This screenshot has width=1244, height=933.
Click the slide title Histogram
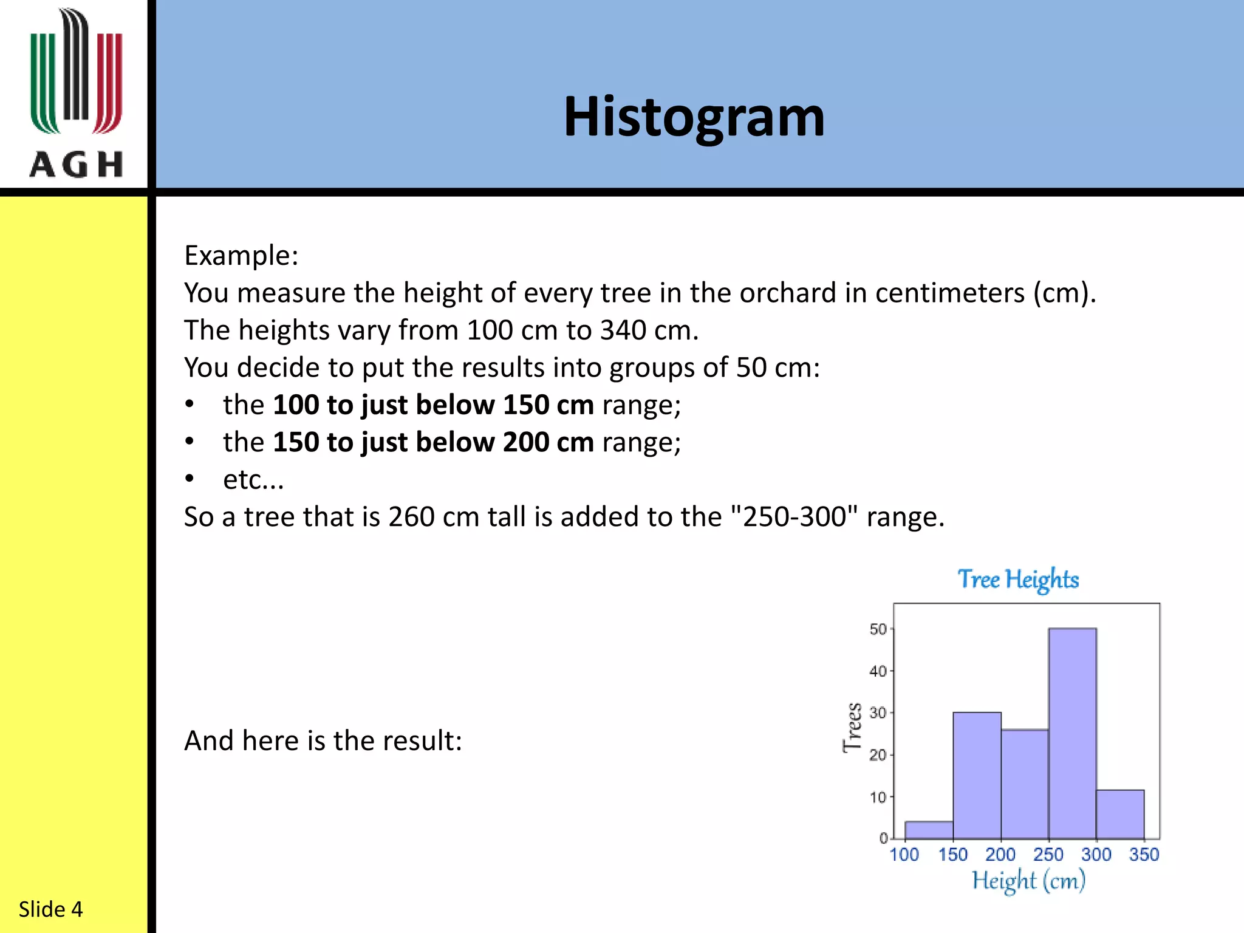[694, 117]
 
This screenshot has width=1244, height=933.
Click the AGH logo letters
[76, 165]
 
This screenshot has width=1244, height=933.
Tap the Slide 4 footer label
[50, 909]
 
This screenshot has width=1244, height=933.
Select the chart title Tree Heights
[1018, 579]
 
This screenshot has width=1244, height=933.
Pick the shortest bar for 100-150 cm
[929, 830]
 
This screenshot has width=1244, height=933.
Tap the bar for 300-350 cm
[1120, 815]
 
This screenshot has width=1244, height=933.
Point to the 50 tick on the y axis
[878, 629]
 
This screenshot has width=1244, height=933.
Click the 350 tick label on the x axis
[1144, 855]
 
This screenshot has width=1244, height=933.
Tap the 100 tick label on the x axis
[904, 855]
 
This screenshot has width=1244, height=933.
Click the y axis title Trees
[853, 728]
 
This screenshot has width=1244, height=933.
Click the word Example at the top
[241, 255]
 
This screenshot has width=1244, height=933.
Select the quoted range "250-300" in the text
[795, 517]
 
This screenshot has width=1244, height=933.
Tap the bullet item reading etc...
[253, 480]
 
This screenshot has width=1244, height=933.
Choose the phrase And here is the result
[323, 741]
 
